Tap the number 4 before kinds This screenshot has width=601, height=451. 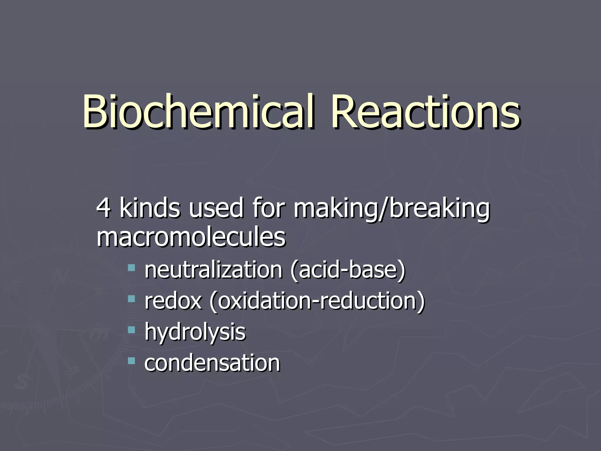tap(103, 208)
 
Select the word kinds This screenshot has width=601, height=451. tap(149, 208)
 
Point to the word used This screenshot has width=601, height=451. tap(216, 208)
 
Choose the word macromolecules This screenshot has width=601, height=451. tap(191, 237)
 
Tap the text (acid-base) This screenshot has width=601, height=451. tap(348, 270)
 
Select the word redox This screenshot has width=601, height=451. tap(173, 301)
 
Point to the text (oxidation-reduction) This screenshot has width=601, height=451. tap(317, 301)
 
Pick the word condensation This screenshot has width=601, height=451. tap(212, 363)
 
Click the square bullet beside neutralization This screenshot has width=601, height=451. tap(131, 267)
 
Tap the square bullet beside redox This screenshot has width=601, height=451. tap(131, 299)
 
